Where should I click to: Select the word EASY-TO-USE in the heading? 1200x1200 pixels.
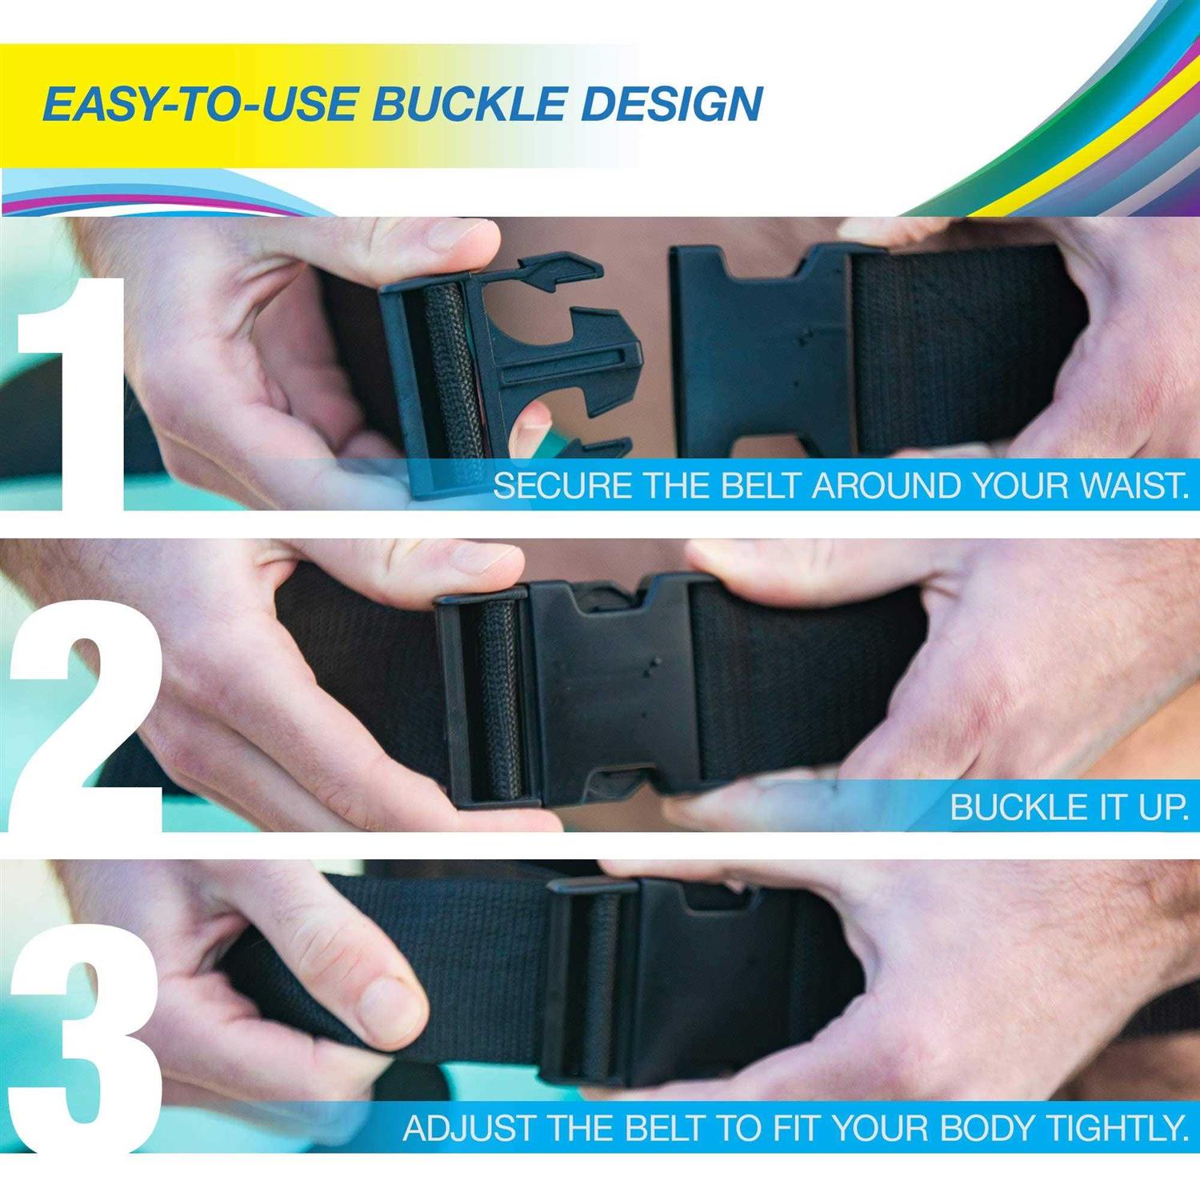[199, 104]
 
